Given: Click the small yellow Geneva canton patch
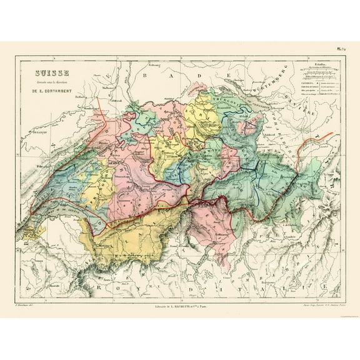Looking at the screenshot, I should (31, 231).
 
